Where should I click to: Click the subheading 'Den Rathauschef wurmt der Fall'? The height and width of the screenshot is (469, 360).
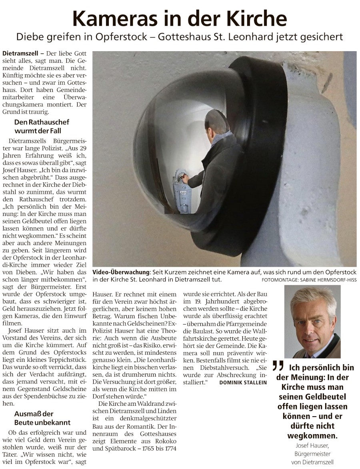(x=38, y=126)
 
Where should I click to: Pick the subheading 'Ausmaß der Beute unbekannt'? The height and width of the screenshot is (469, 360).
(x=42, y=418)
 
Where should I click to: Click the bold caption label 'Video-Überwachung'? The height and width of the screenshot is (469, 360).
(x=121, y=272)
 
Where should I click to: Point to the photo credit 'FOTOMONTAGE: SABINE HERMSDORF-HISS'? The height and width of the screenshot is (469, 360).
(x=309, y=279)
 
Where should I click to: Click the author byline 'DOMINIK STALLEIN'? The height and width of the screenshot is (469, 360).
(x=243, y=383)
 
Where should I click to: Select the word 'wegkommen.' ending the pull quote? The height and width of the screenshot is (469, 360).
(x=312, y=435)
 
